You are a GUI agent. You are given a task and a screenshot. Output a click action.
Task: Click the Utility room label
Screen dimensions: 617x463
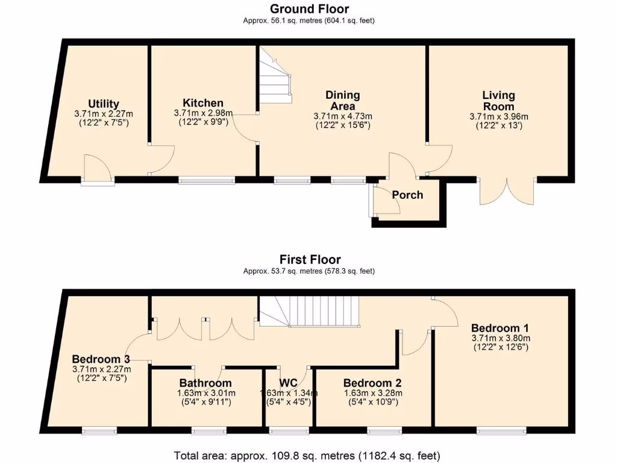104,104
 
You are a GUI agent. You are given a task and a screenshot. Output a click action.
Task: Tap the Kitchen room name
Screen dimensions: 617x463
203,103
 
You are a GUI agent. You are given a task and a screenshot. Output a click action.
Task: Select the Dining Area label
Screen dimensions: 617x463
343,101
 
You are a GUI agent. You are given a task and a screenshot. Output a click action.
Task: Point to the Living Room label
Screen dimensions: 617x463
498,101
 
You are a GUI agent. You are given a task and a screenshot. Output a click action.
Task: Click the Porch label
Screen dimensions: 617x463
407,195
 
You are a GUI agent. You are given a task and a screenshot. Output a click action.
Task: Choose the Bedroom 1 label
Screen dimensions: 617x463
500,328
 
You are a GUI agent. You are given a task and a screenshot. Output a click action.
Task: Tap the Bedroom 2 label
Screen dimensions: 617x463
372,383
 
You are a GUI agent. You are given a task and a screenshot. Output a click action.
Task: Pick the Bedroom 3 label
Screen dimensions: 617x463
101,359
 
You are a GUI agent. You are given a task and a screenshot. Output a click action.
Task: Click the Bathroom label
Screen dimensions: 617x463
205,383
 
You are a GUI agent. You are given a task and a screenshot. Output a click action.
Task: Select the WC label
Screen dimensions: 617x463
289,383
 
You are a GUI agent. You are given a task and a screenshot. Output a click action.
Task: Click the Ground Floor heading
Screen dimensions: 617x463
309,8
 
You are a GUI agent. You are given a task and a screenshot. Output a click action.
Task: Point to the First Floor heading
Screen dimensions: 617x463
310,259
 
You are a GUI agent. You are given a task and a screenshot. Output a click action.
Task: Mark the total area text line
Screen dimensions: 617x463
307,456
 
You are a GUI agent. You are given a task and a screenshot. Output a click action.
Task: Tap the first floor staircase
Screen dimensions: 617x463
309,312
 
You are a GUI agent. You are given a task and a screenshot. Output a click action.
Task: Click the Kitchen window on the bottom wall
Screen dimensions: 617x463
207,180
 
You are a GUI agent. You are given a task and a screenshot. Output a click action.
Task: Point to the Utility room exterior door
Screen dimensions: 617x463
98,169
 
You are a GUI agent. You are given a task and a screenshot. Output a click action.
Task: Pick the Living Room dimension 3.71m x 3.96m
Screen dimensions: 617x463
498,117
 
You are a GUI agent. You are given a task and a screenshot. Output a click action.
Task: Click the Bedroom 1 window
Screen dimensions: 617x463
501,430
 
